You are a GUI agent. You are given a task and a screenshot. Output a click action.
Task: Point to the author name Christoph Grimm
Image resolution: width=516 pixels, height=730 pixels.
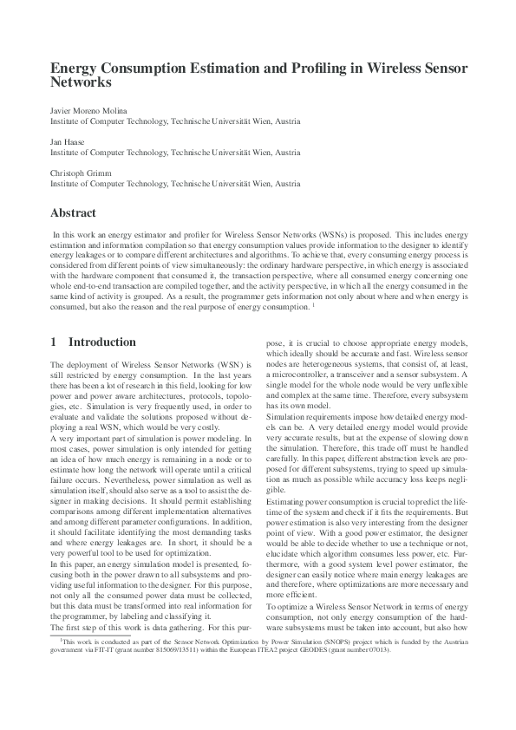(77, 173)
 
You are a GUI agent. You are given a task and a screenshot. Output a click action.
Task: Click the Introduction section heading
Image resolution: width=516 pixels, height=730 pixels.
(101, 342)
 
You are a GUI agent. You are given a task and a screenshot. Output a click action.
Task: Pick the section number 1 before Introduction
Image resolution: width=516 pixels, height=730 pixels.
(54, 342)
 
